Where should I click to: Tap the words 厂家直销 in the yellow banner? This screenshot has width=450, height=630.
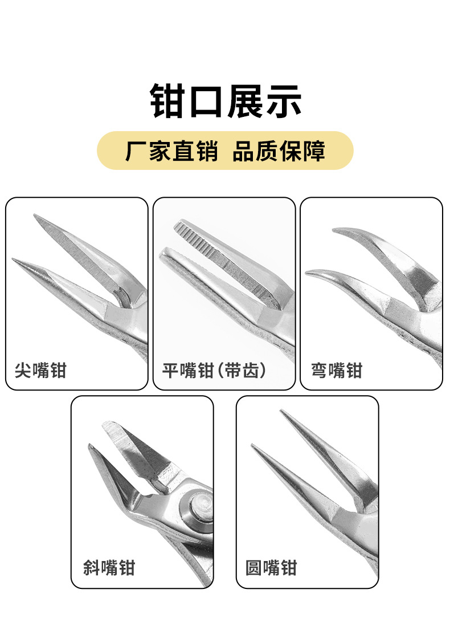point(171,151)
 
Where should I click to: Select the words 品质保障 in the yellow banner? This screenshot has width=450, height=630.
point(279,151)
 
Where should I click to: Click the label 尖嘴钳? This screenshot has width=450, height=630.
point(40,371)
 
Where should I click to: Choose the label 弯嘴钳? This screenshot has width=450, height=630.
point(337,371)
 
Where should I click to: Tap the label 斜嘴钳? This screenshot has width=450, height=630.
point(109,568)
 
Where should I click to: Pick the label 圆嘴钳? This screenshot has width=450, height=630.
point(271,568)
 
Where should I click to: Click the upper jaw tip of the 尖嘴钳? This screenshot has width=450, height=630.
point(36,217)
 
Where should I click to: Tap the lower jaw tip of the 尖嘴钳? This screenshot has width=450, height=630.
point(14,260)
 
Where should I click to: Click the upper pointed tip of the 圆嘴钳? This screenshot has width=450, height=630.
point(281,411)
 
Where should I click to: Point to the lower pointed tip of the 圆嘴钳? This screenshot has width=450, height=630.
point(253,446)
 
